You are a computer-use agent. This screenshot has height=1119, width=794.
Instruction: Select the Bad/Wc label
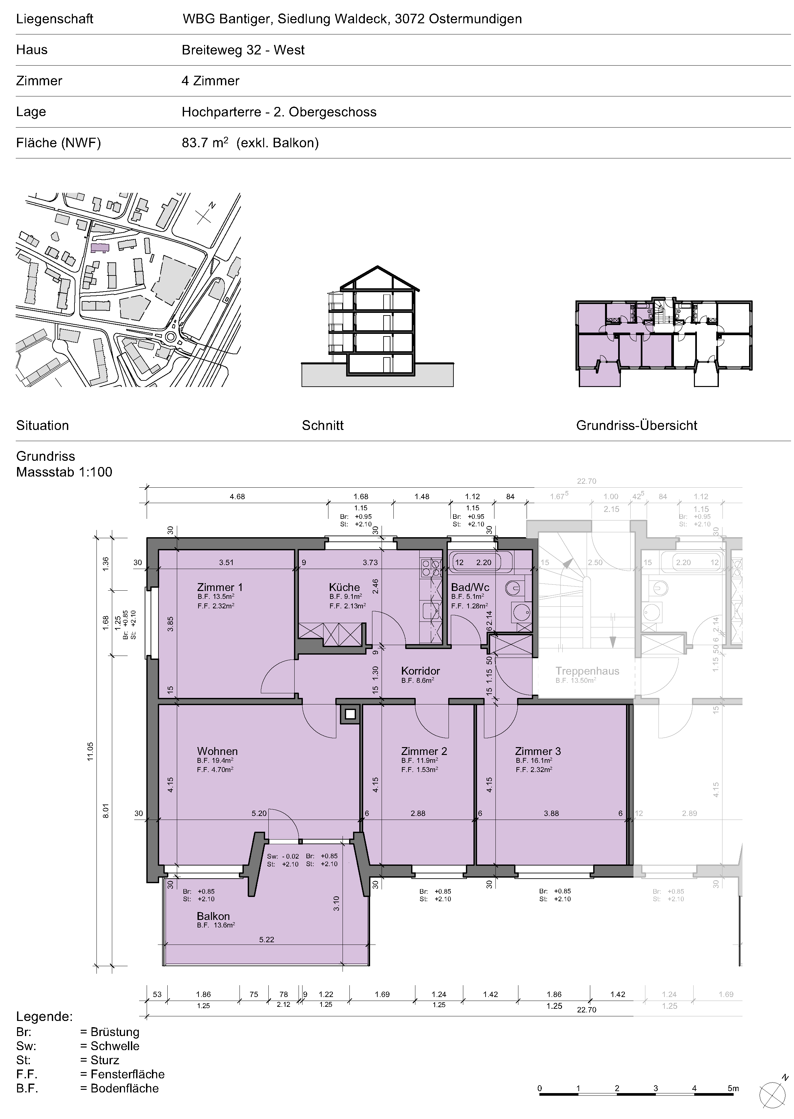click(470, 587)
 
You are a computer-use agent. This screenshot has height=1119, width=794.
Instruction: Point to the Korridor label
click(421, 671)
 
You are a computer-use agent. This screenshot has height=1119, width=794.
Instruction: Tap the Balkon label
click(213, 916)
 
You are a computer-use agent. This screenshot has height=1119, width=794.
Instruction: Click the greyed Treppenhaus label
click(587, 671)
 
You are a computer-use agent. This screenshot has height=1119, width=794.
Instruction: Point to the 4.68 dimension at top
click(237, 497)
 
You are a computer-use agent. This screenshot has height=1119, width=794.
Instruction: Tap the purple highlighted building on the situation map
click(100, 247)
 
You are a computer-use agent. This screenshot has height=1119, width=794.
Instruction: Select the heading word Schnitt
click(323, 425)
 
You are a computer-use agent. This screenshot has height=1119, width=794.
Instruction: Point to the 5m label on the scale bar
click(733, 1088)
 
